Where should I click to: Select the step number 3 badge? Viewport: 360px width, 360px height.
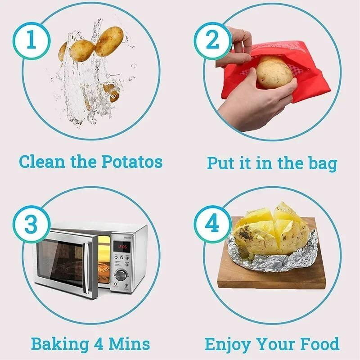31,224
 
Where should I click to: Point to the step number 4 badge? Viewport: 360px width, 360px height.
212,224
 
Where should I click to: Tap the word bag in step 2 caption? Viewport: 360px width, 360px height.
320,163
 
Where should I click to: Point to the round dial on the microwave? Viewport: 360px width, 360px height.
121,275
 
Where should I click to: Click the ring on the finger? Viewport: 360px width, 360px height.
243,33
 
